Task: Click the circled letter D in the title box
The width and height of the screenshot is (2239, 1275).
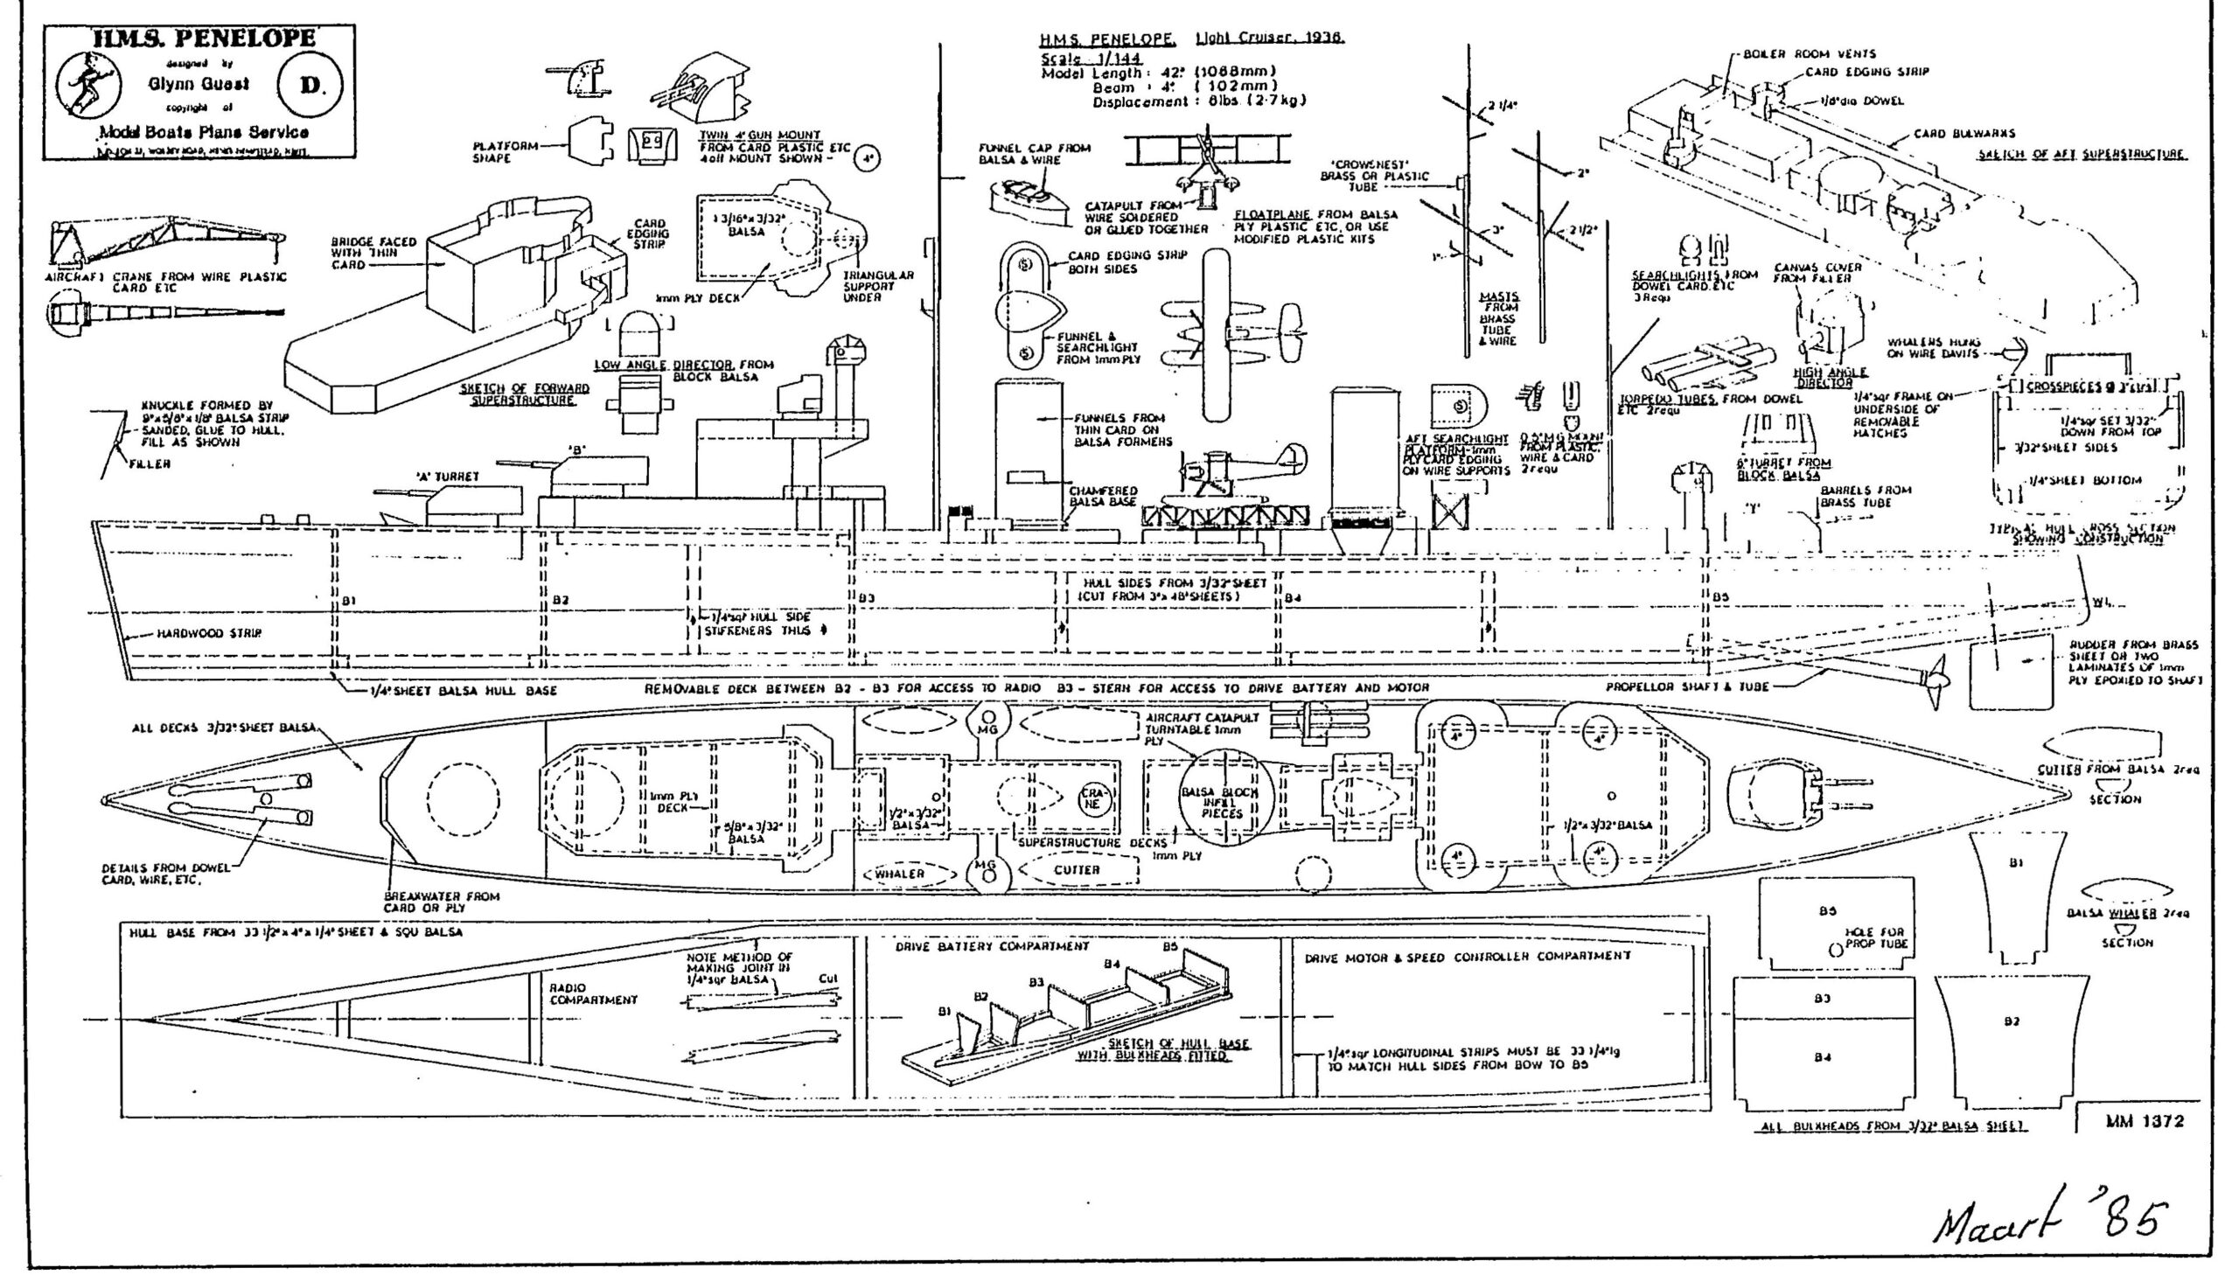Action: pyautogui.click(x=310, y=85)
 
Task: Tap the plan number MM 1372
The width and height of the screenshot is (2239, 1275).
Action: pyautogui.click(x=2145, y=1120)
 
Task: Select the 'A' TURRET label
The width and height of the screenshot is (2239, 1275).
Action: pyautogui.click(x=448, y=477)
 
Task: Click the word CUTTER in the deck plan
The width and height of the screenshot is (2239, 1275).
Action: pyautogui.click(x=1076, y=869)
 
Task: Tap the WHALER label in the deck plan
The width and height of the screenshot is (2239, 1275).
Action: pyautogui.click(x=899, y=873)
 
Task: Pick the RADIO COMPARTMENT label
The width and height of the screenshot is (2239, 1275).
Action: pyautogui.click(x=593, y=994)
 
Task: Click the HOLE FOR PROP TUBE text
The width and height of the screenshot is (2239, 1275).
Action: pyautogui.click(x=1874, y=937)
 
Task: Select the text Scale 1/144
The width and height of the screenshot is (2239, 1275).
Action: pyautogui.click(x=1090, y=58)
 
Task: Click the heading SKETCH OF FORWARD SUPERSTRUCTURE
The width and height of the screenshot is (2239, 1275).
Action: pyautogui.click(x=526, y=394)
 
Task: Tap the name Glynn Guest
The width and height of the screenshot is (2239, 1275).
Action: pyautogui.click(x=198, y=84)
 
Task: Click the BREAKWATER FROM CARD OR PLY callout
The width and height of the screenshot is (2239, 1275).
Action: pyautogui.click(x=442, y=902)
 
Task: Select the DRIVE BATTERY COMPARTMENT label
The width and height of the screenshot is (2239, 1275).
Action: pyautogui.click(x=992, y=946)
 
